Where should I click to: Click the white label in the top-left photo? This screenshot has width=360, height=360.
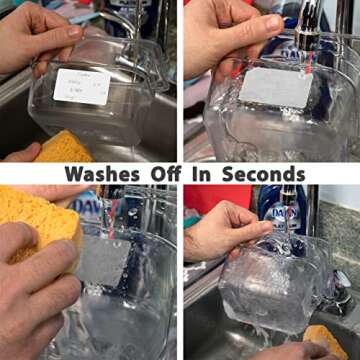click(x=81, y=86)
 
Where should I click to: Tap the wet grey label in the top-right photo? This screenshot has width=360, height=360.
click(x=276, y=88)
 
